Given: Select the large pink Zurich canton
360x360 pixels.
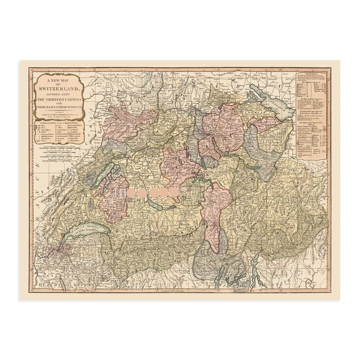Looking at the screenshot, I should coord(222,125).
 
